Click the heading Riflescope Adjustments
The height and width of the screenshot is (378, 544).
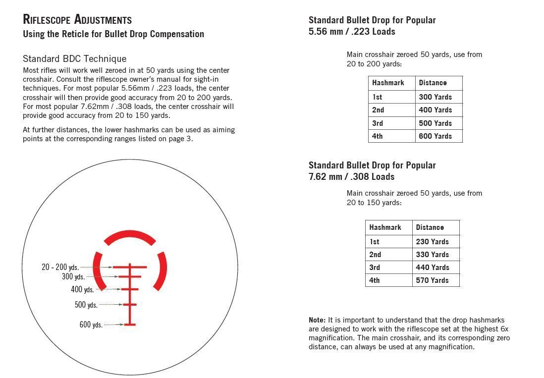coord(77,20)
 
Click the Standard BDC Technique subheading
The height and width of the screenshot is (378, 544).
coord(74,58)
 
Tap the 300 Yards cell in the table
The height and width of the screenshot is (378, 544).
coord(435,97)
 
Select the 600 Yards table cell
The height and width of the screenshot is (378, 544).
coord(435,136)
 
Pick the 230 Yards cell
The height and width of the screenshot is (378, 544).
coord(432,242)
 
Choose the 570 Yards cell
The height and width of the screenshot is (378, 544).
coord(432,280)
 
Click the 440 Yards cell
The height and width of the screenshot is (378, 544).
coord(432,268)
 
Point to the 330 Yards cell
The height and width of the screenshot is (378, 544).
coord(432,255)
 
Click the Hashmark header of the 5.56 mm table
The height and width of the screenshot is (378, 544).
coord(388,83)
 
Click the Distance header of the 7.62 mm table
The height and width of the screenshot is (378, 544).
coord(430,227)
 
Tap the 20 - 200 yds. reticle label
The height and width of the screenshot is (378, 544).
coord(60,268)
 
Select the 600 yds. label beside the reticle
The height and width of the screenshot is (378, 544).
coord(91,325)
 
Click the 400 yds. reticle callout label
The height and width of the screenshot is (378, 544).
coord(82,290)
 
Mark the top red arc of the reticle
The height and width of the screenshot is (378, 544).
coord(130,237)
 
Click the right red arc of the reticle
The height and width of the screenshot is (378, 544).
coord(161,270)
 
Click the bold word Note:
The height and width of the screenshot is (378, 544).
coord(317,321)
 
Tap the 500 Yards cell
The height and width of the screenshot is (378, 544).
coord(435,123)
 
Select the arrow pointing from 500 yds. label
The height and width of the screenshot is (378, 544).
coord(111,305)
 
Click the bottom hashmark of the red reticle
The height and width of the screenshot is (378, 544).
coord(130,324)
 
